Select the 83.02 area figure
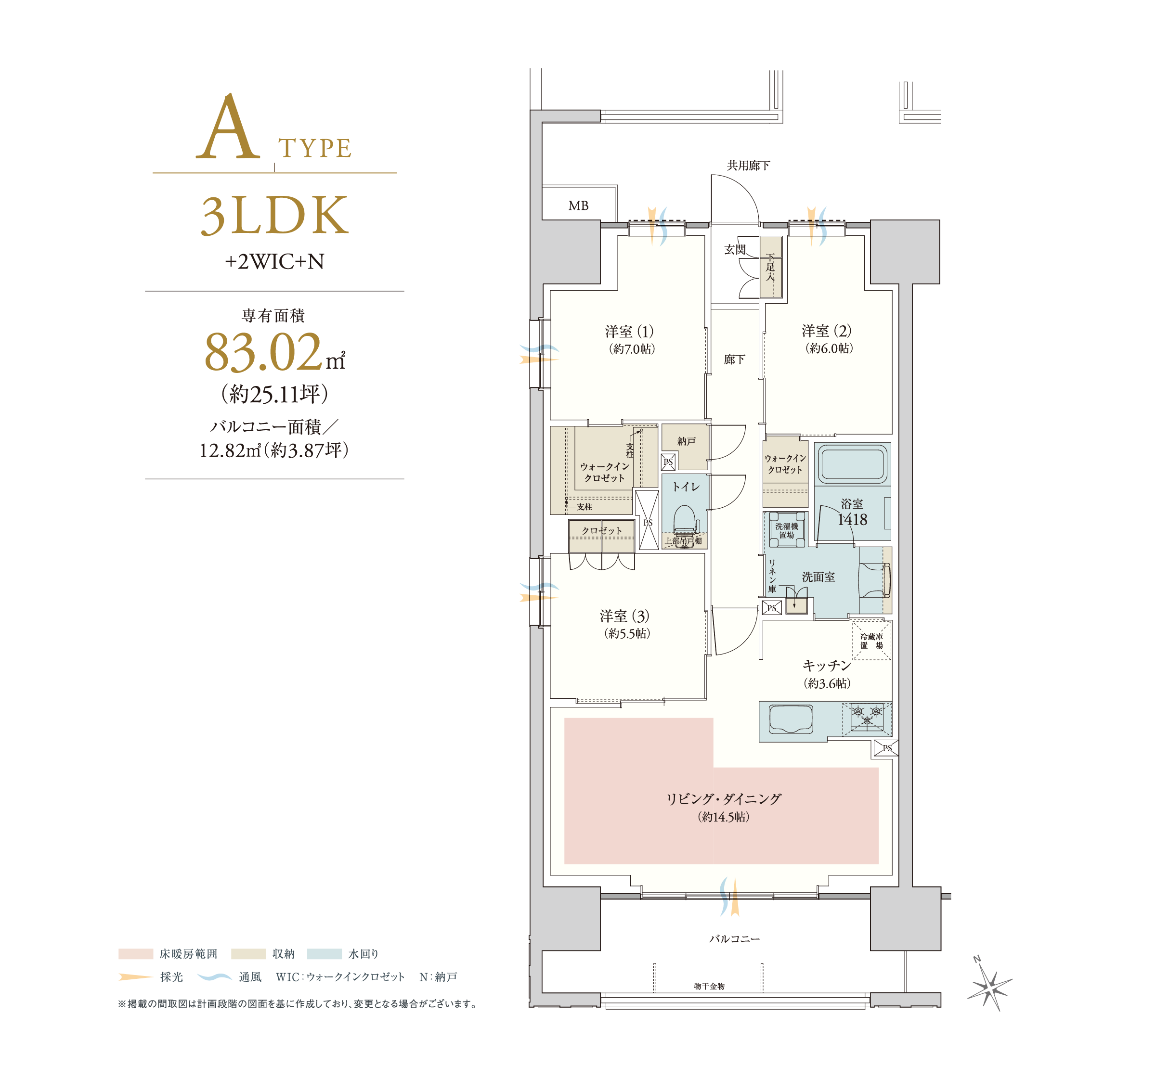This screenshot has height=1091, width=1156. [x=263, y=352]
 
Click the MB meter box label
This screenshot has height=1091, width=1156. [x=578, y=206]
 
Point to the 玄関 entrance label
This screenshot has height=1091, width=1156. [x=734, y=249]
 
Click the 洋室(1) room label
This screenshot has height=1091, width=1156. [x=629, y=332]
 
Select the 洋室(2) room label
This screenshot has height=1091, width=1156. [x=826, y=331]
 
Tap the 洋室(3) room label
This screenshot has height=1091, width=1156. [x=624, y=616]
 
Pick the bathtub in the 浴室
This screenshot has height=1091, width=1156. [x=852, y=464]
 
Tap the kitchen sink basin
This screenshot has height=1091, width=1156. [x=791, y=719]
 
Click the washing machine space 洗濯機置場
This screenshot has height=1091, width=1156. [x=786, y=530]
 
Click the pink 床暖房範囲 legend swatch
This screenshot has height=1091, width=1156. [x=136, y=954]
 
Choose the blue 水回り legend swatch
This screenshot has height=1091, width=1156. [x=324, y=954]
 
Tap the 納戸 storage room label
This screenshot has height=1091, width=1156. [x=686, y=441]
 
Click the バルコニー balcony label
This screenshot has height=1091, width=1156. [x=734, y=938]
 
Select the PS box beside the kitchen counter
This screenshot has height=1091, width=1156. [x=886, y=748]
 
